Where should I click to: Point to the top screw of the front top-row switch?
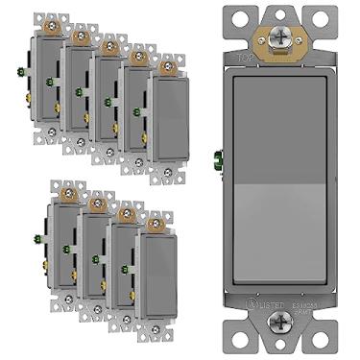click(x=169, y=67)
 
